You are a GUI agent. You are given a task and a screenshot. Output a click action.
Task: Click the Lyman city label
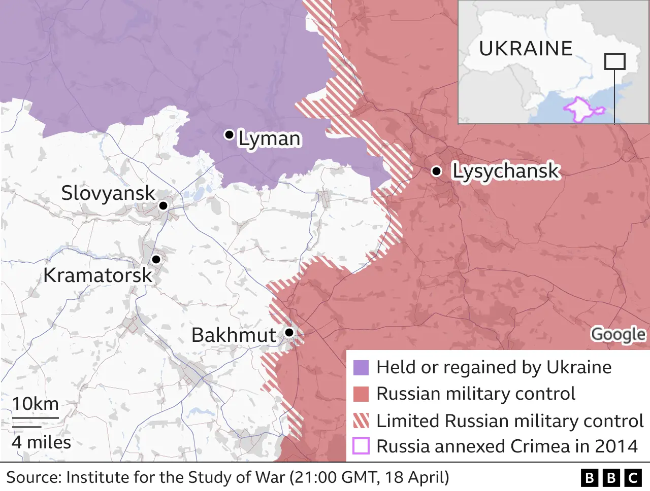coord(270,138)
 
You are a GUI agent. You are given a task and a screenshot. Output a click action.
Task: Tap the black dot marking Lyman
coord(229,134)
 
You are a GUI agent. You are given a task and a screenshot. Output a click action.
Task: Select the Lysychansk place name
coord(506,171)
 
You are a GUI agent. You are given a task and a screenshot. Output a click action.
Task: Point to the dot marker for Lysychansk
coord(436,171)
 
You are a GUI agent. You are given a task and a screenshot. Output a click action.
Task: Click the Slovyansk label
coord(108,193)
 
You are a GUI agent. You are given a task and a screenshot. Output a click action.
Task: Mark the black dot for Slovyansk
coord(163,205)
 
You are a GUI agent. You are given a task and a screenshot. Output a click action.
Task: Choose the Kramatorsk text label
coord(97,275)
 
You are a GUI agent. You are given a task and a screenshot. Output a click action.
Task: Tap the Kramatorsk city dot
coord(156,259)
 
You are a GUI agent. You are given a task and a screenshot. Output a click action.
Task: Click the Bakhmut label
coord(234,335)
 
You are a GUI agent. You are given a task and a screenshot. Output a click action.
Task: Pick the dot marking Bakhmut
coord(289,332)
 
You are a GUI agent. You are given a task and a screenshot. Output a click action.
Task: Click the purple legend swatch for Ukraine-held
coord(361,368)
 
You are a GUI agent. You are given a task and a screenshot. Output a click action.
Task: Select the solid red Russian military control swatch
coord(361,394)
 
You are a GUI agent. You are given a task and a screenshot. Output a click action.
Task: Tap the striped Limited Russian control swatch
coord(361,420)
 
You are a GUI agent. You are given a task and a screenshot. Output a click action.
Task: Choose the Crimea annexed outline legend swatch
coord(361,446)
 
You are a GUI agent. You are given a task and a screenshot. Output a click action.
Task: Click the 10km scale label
coord(36,404)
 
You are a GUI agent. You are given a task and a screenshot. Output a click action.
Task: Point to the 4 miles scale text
coord(42,442)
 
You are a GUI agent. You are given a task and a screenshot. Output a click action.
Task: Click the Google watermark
coord(618,334)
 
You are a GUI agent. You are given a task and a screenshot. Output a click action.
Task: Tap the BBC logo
coord(611,478)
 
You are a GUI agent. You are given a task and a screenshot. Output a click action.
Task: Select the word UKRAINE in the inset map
coord(526,49)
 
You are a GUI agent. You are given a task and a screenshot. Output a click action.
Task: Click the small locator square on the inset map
coord(614,61)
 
